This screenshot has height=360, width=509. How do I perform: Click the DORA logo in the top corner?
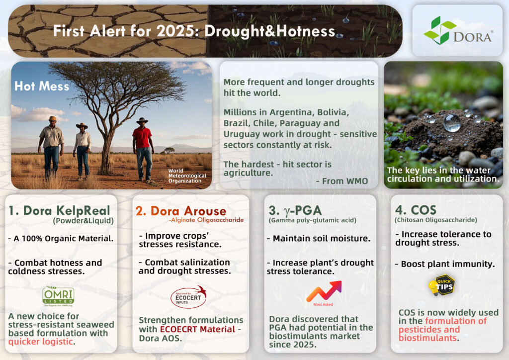coord(457,31)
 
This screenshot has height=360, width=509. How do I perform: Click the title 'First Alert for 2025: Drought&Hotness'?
coord(194,31)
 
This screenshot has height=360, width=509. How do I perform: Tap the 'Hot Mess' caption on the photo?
coord(41,87)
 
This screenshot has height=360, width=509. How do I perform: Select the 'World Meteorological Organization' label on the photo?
coord(184,177)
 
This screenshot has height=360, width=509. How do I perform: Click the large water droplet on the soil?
coord(451,122)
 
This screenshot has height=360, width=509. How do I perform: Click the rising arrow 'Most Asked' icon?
coord(323,292)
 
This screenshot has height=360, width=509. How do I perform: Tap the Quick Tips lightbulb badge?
coord(441,285)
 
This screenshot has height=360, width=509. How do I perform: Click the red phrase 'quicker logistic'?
coord(40,342)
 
